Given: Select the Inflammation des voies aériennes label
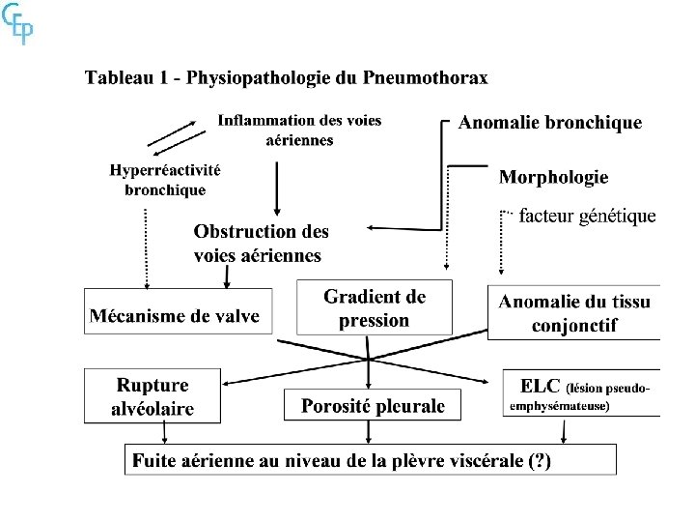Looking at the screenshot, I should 299,130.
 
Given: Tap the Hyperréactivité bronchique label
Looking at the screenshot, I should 165,180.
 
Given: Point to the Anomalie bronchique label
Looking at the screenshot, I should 549,123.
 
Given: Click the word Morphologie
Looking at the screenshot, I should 553,177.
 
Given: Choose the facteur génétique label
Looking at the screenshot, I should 587,216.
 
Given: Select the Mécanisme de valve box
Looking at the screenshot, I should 176,315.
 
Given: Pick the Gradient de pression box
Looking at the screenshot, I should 375,308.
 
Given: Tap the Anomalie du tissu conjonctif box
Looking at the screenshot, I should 574,313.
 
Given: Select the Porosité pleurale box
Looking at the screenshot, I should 373,406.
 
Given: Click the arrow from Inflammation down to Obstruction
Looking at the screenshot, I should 279,188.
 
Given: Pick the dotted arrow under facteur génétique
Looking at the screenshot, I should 502,246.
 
